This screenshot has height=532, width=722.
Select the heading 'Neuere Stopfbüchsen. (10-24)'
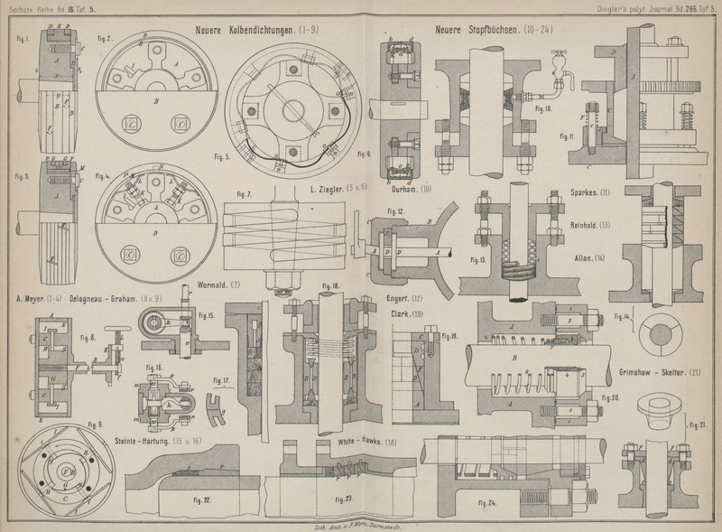493,29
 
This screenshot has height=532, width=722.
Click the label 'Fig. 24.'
487,502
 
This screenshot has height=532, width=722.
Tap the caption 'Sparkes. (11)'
591,192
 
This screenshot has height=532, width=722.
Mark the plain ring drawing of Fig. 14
667,333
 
